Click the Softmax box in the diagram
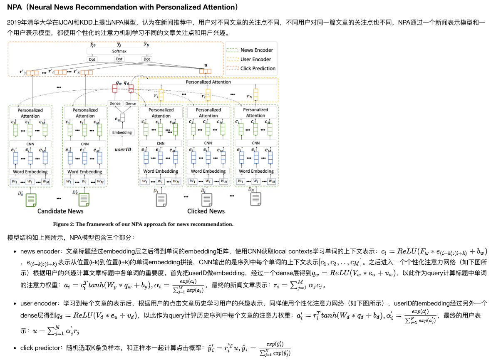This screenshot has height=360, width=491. tap(119, 51)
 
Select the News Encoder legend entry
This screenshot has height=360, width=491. tap(256, 50)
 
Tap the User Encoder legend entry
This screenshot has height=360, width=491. tap(255, 59)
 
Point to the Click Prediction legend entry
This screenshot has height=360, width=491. tap(258, 68)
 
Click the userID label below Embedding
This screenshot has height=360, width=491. tap(123, 149)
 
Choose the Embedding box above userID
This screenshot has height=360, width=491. tap(122, 132)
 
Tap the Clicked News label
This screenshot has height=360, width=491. tap(206, 211)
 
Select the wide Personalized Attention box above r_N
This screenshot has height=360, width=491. tap(208, 82)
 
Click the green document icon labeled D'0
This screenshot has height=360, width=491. tap(32, 199)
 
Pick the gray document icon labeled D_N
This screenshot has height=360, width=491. tap(255, 199)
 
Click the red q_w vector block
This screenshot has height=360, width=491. tap(115, 89)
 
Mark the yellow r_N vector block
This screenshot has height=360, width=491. tap(256, 94)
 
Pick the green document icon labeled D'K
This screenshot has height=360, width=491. tap(84, 199)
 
